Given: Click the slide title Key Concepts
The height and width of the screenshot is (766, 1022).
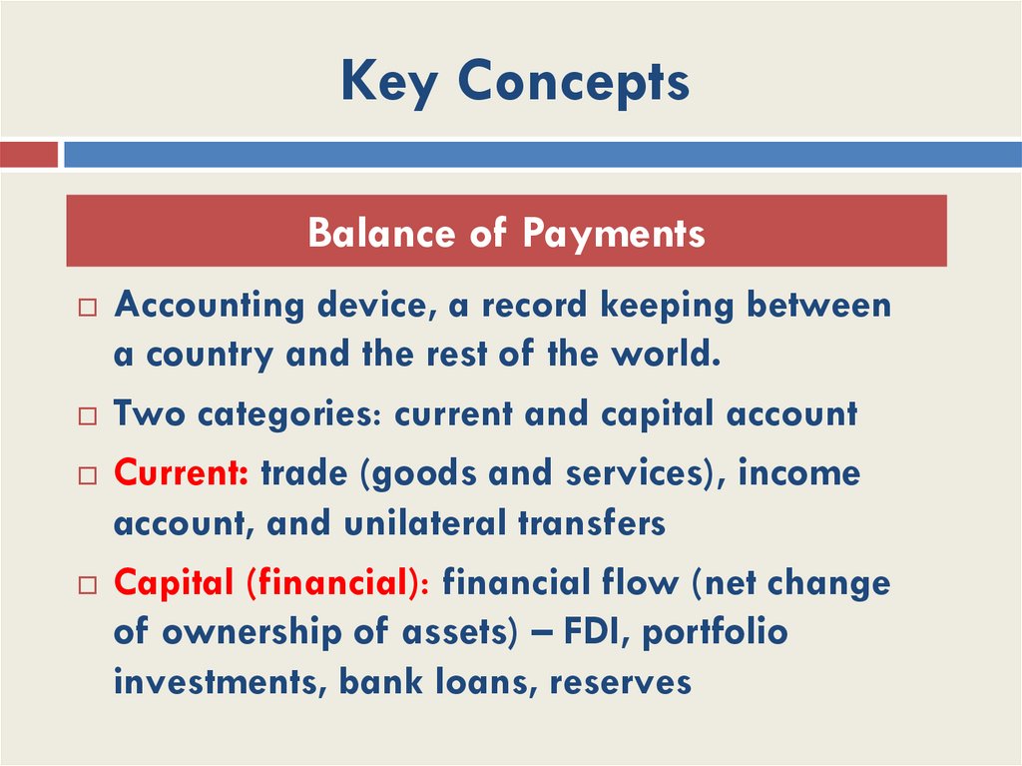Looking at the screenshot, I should (x=514, y=81).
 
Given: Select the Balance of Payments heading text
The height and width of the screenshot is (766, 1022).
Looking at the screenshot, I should (x=506, y=233).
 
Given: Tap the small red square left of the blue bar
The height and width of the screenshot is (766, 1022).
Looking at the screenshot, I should (x=28, y=155).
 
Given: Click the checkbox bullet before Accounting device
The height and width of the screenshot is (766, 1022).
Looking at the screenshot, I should (x=87, y=309).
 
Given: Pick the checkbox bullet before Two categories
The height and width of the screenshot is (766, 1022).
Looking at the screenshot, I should (x=87, y=416).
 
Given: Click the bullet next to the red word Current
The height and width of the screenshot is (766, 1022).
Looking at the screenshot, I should (x=87, y=476).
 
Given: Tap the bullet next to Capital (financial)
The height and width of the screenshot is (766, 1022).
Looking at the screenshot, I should (x=87, y=585).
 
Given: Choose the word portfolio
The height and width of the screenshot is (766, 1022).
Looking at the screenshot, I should (x=715, y=633).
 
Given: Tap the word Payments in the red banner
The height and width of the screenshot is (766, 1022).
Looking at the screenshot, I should (x=613, y=233).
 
